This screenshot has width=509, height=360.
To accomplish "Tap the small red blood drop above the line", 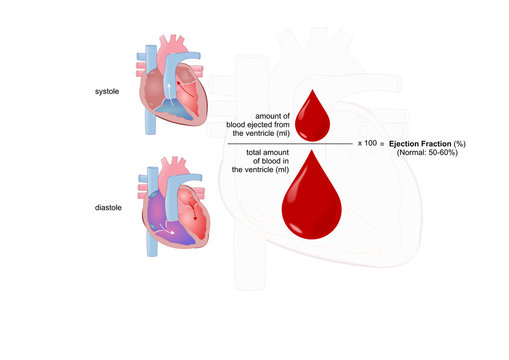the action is pos(306,113).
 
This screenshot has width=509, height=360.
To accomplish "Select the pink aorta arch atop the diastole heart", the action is pos(171,162).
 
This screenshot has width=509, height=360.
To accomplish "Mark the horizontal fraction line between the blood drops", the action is pos(290,144).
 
